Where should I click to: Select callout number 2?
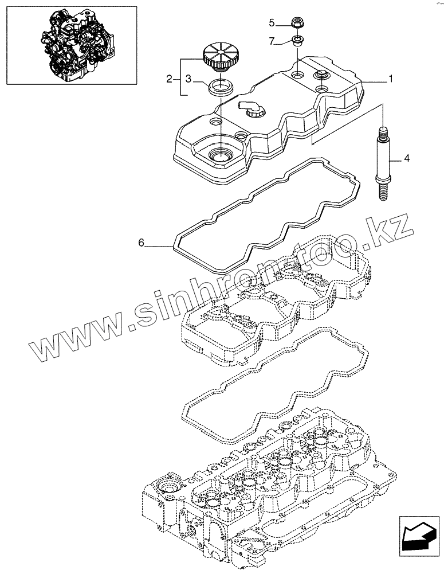click(169, 79)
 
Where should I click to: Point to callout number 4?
click(406, 157)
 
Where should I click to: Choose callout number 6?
click(141, 243)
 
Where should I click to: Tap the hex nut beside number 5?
click(298, 24)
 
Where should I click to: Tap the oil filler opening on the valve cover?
click(219, 154)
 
